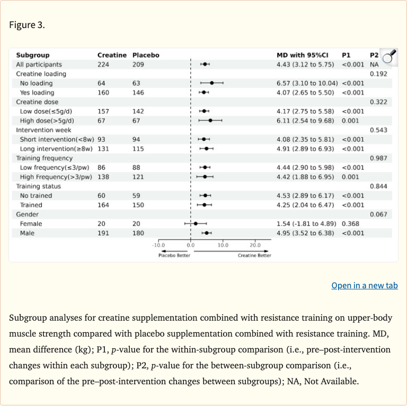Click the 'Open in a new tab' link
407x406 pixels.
(365, 285)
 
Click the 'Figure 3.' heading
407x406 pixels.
(27, 25)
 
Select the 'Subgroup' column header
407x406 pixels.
(33, 55)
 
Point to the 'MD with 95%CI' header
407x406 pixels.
(303, 55)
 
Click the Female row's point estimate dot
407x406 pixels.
(196, 224)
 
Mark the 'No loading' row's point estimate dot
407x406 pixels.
(212, 83)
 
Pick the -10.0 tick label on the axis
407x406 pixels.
(158, 245)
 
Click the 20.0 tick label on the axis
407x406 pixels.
(255, 245)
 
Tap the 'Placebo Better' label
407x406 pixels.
(174, 255)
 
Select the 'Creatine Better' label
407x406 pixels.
(254, 255)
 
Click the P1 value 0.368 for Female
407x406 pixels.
(350, 224)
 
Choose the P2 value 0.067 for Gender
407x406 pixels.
(378, 215)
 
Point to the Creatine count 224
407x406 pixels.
(103, 64)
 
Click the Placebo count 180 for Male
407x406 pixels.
(138, 233)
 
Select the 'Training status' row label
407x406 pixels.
(38, 187)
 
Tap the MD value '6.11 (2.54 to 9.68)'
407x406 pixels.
(305, 121)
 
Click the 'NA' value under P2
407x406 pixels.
(374, 64)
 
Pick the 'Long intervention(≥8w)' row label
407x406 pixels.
(56, 149)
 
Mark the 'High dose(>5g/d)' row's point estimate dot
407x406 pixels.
(210, 120)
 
